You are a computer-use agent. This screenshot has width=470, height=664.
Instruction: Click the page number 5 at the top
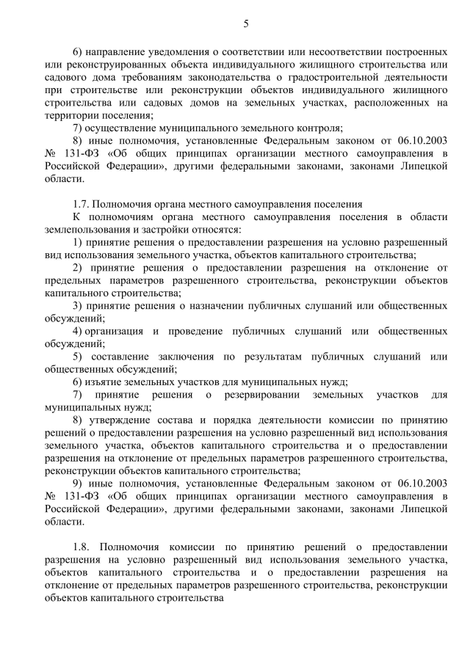[246, 24]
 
